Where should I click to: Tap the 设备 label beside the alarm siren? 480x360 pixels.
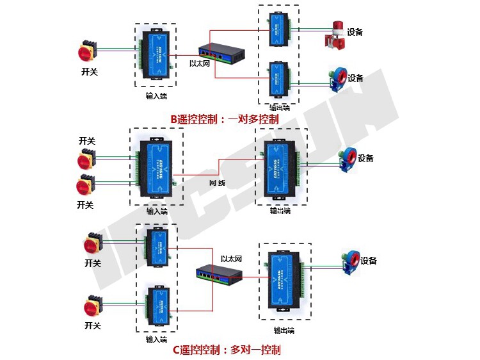click(x=355, y=32)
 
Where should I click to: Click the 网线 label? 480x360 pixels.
click(x=218, y=183)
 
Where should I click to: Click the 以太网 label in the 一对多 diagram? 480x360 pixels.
click(x=200, y=64)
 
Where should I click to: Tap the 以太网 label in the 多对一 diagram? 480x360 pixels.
click(x=231, y=259)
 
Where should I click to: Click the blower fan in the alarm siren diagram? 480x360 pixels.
click(x=335, y=79)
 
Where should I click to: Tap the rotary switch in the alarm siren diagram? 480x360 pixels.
click(x=88, y=53)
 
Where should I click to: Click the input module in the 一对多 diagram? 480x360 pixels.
click(x=156, y=55)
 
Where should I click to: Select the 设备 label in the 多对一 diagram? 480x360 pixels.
click(x=369, y=261)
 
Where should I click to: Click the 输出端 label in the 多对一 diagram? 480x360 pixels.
click(x=284, y=331)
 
